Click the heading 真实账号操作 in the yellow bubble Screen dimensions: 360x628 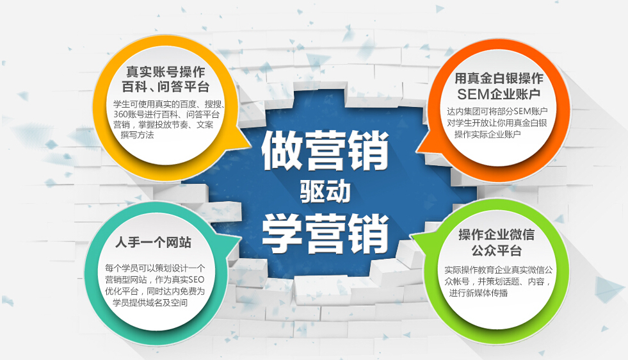tap(165, 71)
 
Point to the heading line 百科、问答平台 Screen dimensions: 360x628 tap(165, 86)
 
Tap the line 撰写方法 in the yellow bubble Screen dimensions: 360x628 tap(137, 135)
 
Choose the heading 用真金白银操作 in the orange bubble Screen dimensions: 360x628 tap(499, 79)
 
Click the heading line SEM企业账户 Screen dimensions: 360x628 tap(499, 95)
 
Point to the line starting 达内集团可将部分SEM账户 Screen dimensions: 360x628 tap(499, 111)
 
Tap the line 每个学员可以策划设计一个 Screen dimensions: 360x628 tap(154, 268)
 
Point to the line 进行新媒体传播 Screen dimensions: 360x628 tap(478, 292)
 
